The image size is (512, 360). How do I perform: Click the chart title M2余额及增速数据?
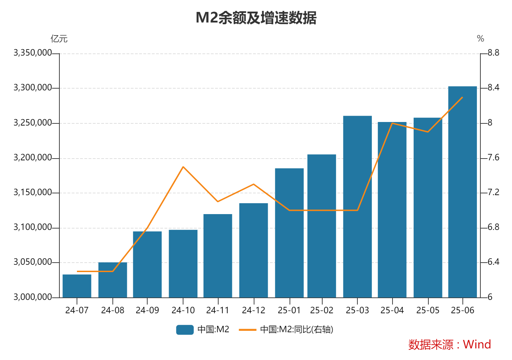[256, 18]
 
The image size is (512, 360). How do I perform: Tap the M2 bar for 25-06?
[462, 192]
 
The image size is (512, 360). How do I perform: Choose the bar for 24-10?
[183, 264]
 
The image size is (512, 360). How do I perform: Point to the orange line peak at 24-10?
[183, 167]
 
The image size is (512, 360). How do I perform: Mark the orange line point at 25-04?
[392, 123]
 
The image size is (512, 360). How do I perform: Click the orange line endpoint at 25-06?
[462, 97]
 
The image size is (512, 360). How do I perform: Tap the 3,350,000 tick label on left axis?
[32, 53]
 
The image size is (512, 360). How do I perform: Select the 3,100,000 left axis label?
[32, 227]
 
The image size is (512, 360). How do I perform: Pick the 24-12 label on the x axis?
[253, 310]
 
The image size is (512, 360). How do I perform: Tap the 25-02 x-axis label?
[322, 310]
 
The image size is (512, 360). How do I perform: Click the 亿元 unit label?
[59, 39]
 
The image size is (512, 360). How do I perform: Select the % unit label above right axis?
[480, 39]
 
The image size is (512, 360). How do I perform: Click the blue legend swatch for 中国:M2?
[185, 329]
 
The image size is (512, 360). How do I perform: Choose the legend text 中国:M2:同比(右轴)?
[297, 329]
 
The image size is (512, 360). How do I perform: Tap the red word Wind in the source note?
[477, 345]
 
